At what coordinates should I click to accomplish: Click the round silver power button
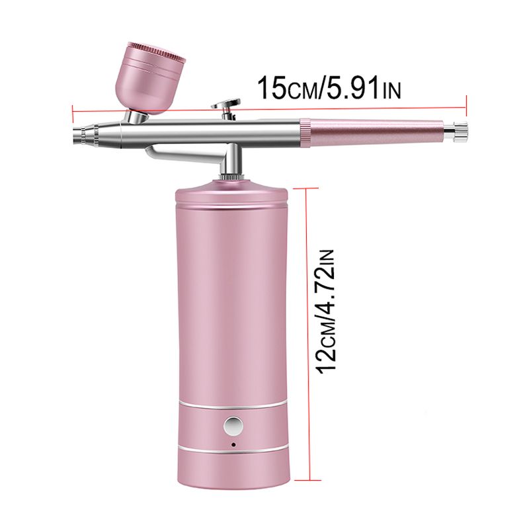[x=233, y=426]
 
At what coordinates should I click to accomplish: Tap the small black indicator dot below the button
[x=233, y=444]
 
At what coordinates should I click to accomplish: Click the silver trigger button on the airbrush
[x=226, y=108]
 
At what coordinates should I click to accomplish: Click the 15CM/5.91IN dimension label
[x=329, y=88]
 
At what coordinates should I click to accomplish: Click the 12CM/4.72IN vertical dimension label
[x=325, y=311]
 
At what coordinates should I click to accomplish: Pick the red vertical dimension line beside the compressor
[x=307, y=300]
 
